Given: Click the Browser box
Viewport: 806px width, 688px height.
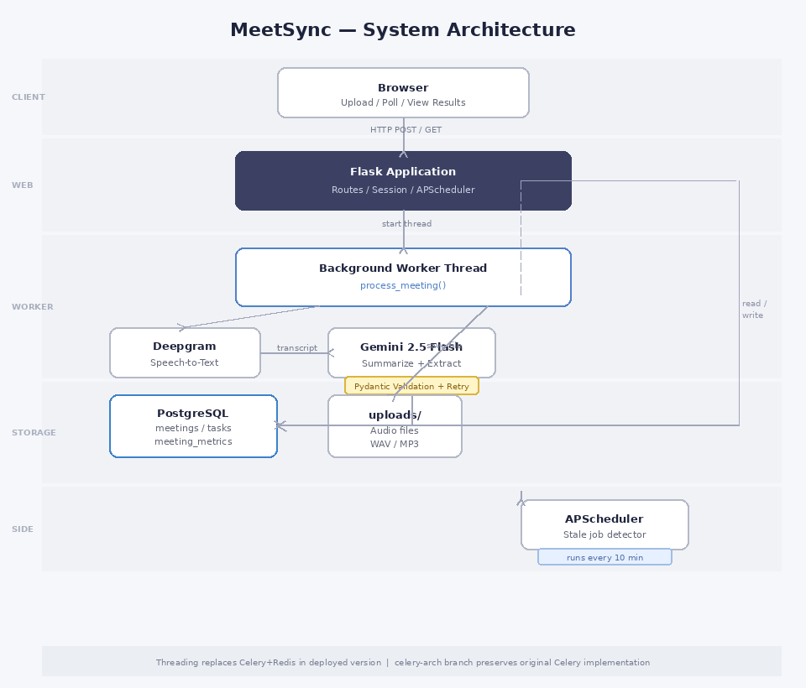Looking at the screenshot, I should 403,92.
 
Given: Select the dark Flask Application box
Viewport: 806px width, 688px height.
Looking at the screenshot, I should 403,180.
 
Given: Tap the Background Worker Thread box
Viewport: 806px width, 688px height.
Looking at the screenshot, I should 403,277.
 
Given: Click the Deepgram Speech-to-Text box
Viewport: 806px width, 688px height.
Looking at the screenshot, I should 185,352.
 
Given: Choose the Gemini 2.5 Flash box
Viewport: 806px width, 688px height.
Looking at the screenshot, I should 411,352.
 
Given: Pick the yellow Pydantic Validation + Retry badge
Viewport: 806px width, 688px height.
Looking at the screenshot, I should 411,386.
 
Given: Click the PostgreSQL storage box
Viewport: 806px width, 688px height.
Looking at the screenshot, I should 193,426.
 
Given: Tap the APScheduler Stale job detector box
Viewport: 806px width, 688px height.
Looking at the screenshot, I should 604,524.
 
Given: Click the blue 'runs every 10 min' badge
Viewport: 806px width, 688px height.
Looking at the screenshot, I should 604,557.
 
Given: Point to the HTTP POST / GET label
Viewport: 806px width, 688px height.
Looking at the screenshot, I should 406,130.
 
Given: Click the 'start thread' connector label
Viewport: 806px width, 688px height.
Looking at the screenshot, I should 406,224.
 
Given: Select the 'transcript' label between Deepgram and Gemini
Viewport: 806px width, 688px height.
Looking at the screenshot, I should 297,348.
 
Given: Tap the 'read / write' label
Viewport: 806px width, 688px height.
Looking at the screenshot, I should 753,310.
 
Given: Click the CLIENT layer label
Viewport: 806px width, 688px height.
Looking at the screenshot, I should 29,97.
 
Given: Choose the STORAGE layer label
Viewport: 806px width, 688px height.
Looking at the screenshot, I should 34,433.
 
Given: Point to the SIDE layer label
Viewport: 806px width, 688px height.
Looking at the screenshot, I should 23,529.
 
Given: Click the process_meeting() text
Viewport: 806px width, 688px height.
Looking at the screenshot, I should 403,285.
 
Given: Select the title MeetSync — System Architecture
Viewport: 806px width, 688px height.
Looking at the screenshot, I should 403,30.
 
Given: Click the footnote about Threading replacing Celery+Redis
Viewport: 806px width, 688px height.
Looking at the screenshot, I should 403,663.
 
